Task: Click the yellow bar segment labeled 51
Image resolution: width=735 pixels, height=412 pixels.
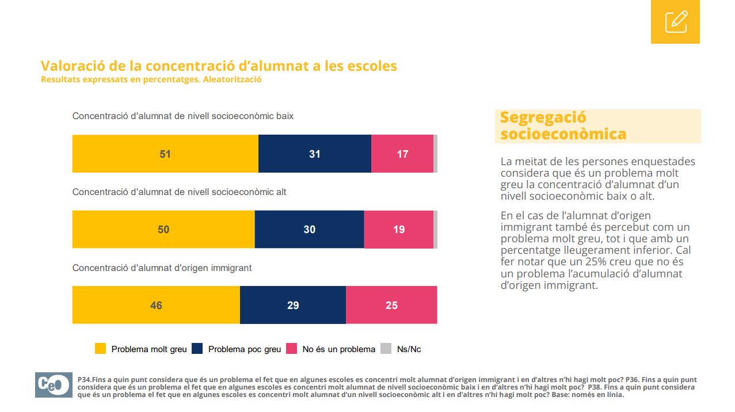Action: click(x=165, y=154)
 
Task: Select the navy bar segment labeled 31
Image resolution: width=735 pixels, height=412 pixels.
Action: click(x=314, y=154)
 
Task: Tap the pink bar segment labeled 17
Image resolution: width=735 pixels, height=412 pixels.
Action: click(x=402, y=154)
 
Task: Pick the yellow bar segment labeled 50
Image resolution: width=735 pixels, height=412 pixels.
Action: click(x=163, y=229)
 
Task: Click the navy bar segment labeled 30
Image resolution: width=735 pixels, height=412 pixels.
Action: click(x=309, y=229)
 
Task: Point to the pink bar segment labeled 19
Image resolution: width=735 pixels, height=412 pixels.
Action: click(x=399, y=229)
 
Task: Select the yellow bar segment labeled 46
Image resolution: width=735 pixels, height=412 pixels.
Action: click(x=156, y=305)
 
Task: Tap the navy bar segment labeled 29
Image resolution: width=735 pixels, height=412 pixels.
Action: click(x=293, y=305)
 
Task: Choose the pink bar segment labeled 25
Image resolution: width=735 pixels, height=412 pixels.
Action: click(x=391, y=305)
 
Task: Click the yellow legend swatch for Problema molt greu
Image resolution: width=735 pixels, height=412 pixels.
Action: click(x=100, y=349)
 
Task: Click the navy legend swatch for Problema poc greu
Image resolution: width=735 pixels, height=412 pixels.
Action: click(x=197, y=349)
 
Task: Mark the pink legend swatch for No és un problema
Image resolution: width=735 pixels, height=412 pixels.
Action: click(x=292, y=349)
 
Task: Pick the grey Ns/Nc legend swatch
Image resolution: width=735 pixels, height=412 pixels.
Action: click(x=386, y=349)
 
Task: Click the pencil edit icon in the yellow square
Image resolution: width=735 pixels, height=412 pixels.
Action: click(x=676, y=22)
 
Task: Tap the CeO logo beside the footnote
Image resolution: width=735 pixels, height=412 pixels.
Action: click(x=54, y=384)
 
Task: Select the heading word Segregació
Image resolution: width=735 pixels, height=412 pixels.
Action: click(x=543, y=117)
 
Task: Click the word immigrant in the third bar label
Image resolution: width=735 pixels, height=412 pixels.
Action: click(x=232, y=268)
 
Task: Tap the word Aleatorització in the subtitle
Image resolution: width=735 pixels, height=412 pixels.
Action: click(x=233, y=79)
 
